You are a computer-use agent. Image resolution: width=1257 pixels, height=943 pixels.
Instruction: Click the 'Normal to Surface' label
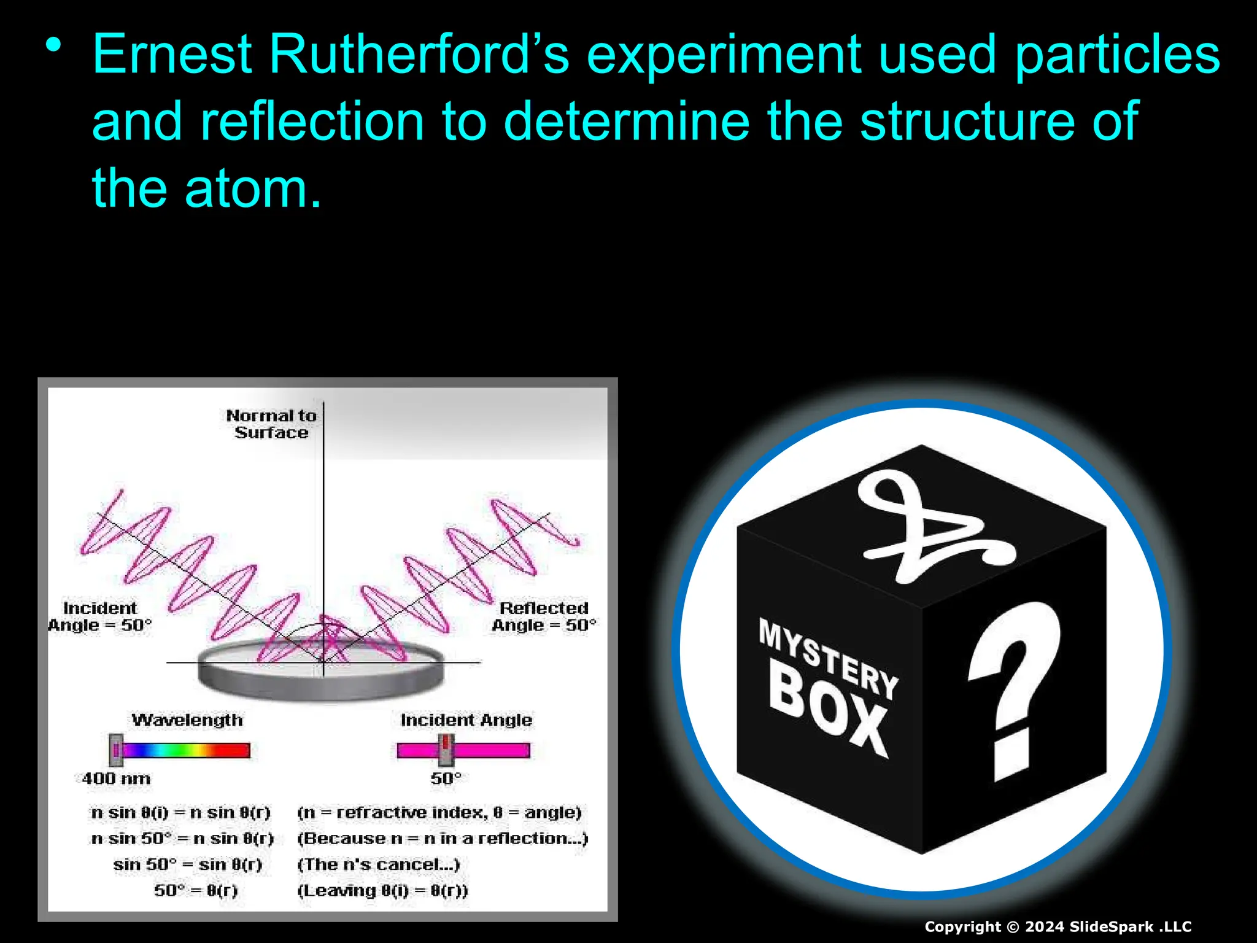point(271,424)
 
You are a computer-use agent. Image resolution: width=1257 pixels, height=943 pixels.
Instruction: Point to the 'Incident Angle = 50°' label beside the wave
point(100,616)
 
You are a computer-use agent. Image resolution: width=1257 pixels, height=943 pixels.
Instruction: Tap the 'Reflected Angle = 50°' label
point(544,616)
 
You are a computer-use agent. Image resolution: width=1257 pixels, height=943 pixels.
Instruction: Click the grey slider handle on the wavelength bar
point(115,750)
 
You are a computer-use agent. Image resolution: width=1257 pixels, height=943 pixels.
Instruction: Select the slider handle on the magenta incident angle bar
point(446,750)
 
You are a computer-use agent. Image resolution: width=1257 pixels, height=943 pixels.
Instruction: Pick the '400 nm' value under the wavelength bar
point(116,778)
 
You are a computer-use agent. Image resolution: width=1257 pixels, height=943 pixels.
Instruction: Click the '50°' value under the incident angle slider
point(446,778)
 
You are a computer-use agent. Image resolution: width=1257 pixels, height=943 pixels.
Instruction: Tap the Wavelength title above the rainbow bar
point(187,720)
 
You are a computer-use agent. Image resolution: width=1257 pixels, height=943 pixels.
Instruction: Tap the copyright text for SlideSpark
point(1058,926)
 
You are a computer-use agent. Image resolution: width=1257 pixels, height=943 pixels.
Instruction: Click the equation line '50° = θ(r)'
point(195,890)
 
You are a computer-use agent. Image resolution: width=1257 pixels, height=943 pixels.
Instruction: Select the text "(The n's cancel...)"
point(379,864)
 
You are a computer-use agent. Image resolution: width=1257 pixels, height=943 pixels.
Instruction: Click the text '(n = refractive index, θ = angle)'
point(439,812)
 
